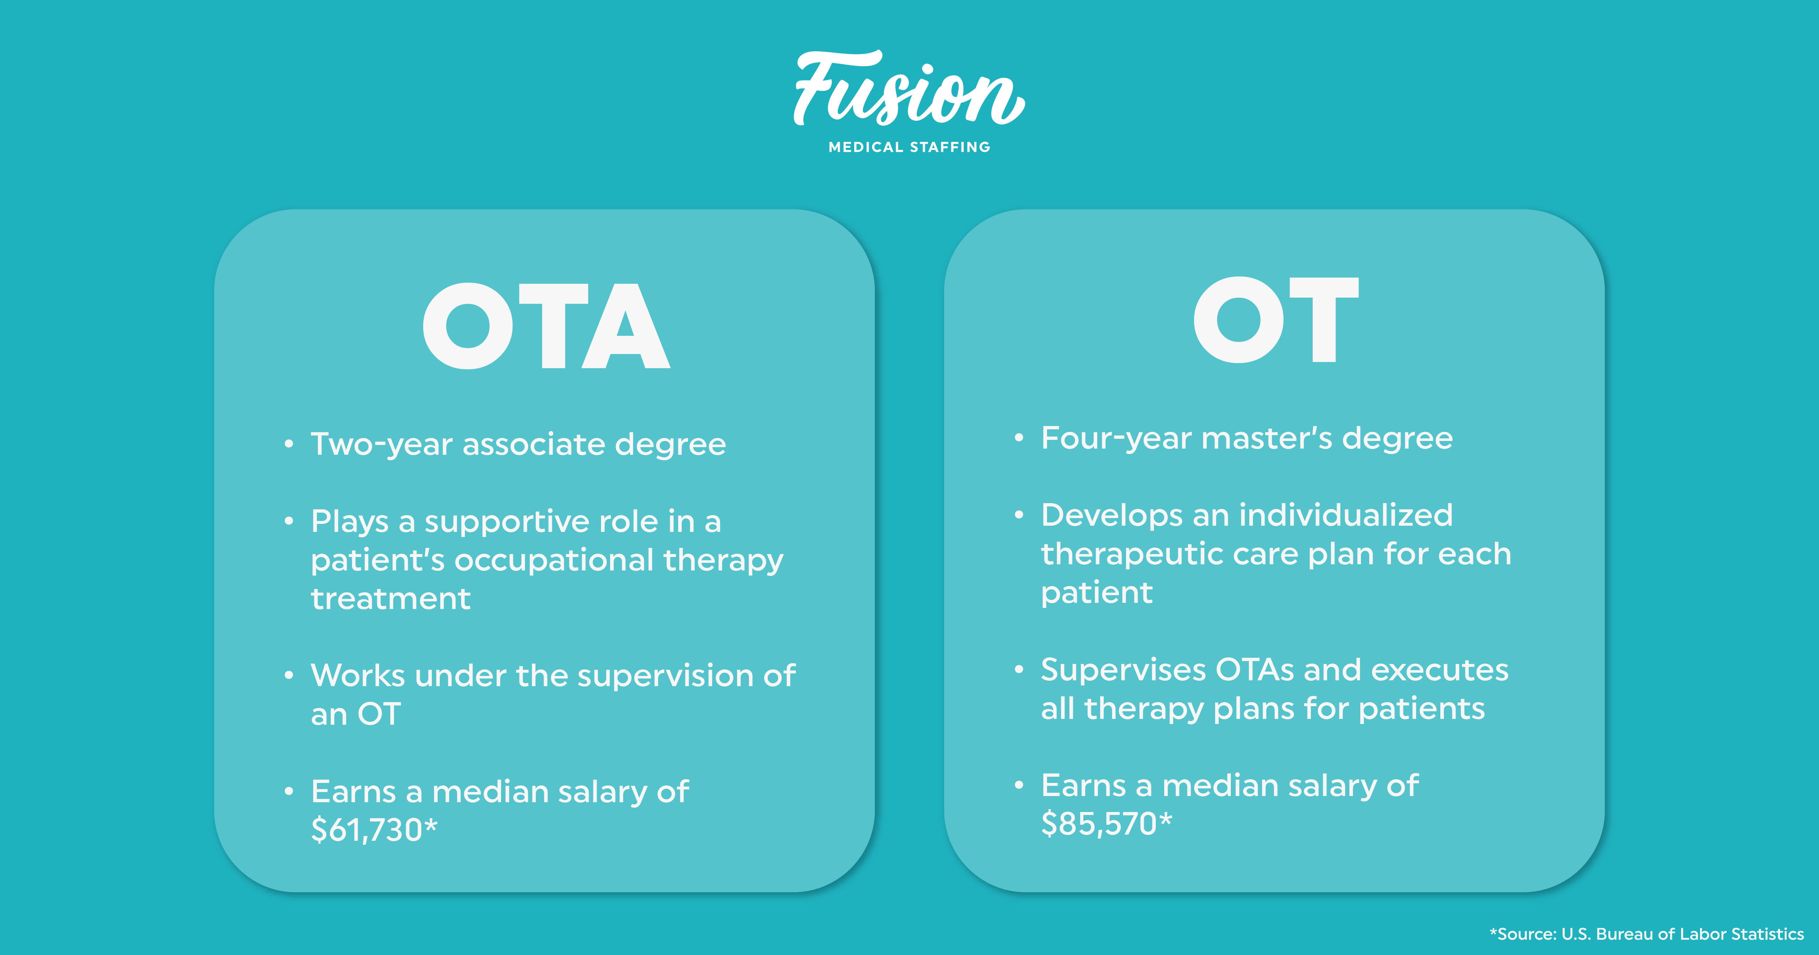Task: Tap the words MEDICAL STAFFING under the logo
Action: [909, 147]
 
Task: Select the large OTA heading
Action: [546, 326]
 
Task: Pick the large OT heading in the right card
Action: [1276, 320]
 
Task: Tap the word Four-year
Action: [1116, 439]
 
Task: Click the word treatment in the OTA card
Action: [390, 599]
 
